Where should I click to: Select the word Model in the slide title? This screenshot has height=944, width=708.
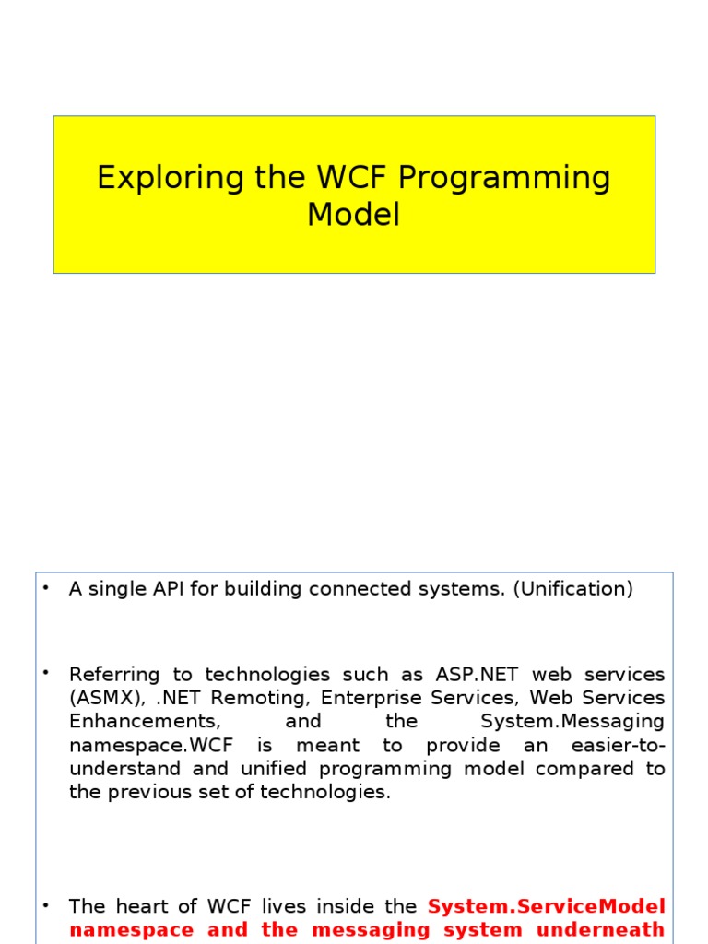click(x=354, y=215)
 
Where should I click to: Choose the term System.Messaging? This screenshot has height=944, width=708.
click(x=572, y=721)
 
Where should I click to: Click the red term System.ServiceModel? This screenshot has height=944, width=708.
click(x=547, y=906)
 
